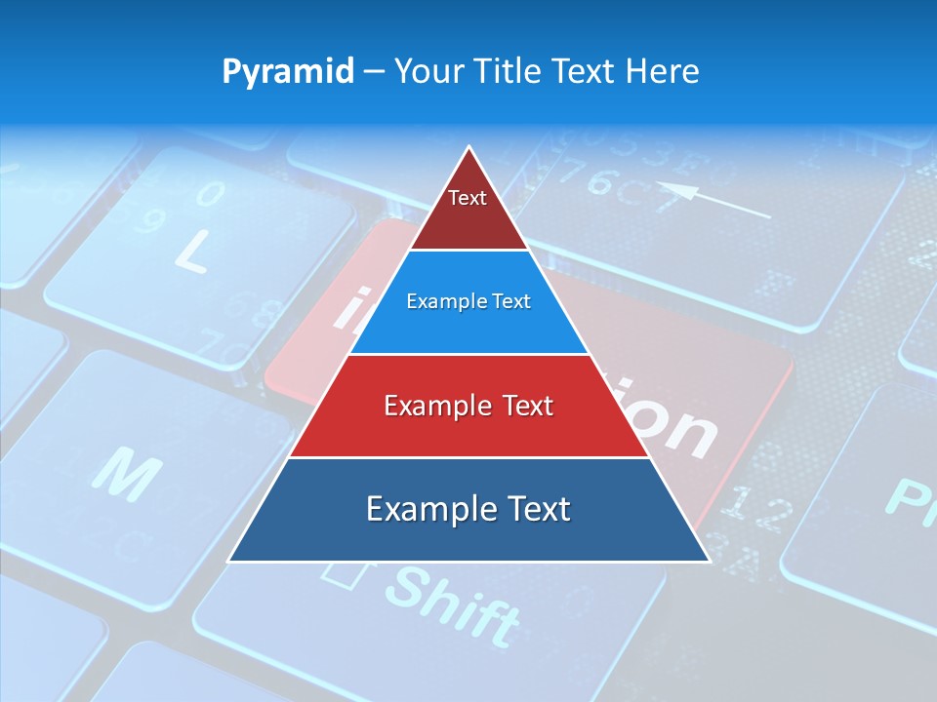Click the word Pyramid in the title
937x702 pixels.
click(x=287, y=72)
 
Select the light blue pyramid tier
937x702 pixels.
click(x=468, y=302)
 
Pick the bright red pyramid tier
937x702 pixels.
click(x=468, y=406)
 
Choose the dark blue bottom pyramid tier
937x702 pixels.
click(x=468, y=510)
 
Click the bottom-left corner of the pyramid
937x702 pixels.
click(x=230, y=561)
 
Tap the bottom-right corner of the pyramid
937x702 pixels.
click(x=708, y=561)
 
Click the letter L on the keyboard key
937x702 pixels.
click(x=191, y=253)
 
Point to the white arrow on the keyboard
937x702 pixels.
click(x=713, y=200)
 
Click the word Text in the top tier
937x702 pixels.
click(x=468, y=198)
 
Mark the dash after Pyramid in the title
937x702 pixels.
click(x=373, y=72)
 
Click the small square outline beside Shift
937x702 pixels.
click(x=339, y=573)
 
